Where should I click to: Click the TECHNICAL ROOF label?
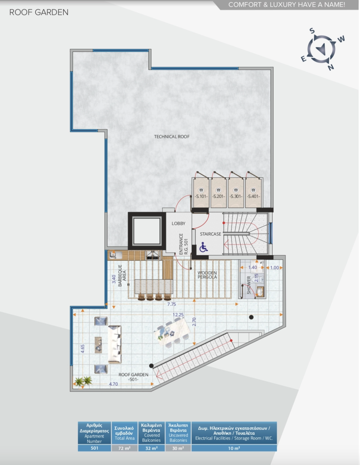point(172,136)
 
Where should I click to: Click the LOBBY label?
point(178,224)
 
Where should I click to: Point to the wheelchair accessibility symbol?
point(203,247)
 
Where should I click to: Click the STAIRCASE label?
point(210,234)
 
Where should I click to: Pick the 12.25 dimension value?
point(178,315)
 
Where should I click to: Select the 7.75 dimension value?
point(172,304)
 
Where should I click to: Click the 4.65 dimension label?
point(83,349)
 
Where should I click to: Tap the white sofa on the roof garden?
point(115,344)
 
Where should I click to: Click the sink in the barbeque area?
point(116,255)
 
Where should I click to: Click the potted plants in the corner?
point(83,381)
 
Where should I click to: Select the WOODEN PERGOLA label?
point(207,275)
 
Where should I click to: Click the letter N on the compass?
point(331,67)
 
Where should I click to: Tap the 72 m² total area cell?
point(124,448)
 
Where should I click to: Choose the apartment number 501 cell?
point(94,448)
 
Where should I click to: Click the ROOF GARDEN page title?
point(39,12)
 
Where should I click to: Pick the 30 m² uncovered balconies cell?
point(178,448)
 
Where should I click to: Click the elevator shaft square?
point(147,231)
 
